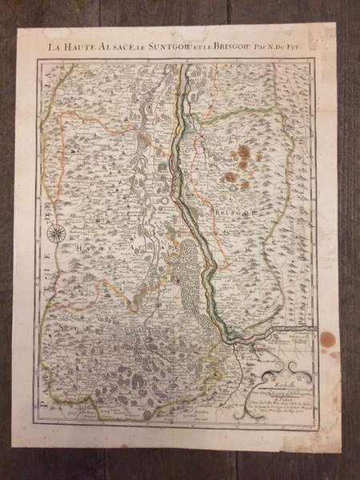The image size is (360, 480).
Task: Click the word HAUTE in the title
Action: coord(82,46)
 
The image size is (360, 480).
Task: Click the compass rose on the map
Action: coord(58,234)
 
